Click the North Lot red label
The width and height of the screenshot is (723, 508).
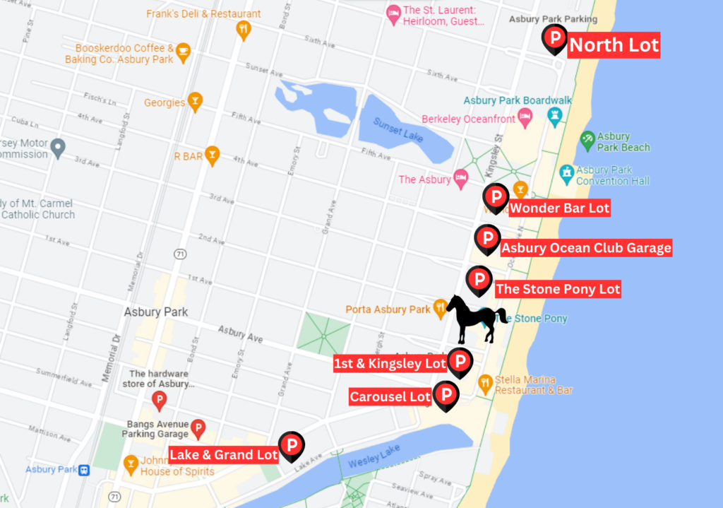[614, 46]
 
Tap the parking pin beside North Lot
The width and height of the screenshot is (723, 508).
[554, 38]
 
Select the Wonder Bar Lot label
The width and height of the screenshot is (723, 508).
[559, 208]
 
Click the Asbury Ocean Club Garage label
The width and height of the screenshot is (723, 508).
[586, 248]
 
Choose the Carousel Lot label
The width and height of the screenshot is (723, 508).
[390, 397]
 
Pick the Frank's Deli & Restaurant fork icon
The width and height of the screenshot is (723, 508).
[244, 30]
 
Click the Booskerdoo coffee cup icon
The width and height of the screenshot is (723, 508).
[183, 51]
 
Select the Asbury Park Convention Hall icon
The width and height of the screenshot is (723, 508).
[566, 172]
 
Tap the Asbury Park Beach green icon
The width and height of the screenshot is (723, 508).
[587, 139]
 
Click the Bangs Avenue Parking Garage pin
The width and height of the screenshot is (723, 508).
[198, 426]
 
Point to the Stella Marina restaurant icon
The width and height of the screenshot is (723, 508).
[485, 383]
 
